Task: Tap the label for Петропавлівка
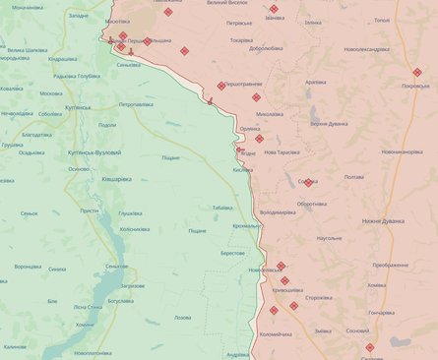137,104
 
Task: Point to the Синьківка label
128,66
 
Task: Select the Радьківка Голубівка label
77,76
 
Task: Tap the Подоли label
107,125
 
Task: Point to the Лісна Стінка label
94,306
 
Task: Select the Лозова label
183,317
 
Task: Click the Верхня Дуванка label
330,123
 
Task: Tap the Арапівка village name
316,82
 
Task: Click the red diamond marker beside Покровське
417,71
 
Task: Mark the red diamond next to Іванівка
274,9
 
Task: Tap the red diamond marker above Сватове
370,347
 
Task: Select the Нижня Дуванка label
384,221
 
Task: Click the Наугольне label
330,239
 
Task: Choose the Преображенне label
391,266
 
